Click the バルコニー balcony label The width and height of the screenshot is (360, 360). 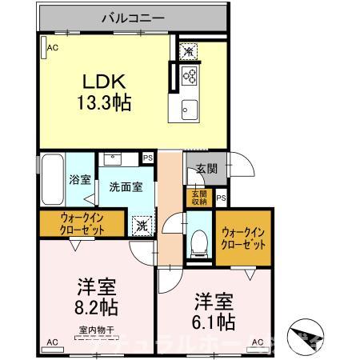(x=132, y=16)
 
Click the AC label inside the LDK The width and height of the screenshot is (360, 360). (x=52, y=49)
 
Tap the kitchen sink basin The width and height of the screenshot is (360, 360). (x=189, y=109)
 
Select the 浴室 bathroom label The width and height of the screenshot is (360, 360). (x=79, y=180)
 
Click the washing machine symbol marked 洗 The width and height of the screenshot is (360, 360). (x=141, y=226)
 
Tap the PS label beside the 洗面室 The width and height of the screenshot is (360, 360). (x=148, y=158)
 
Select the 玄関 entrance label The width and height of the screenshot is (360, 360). (x=206, y=169)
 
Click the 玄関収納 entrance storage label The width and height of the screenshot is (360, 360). (x=199, y=198)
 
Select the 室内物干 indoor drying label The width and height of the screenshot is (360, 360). (x=96, y=330)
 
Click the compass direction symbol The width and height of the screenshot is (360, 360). (x=308, y=334)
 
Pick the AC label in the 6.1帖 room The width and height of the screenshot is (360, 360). (x=258, y=342)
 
